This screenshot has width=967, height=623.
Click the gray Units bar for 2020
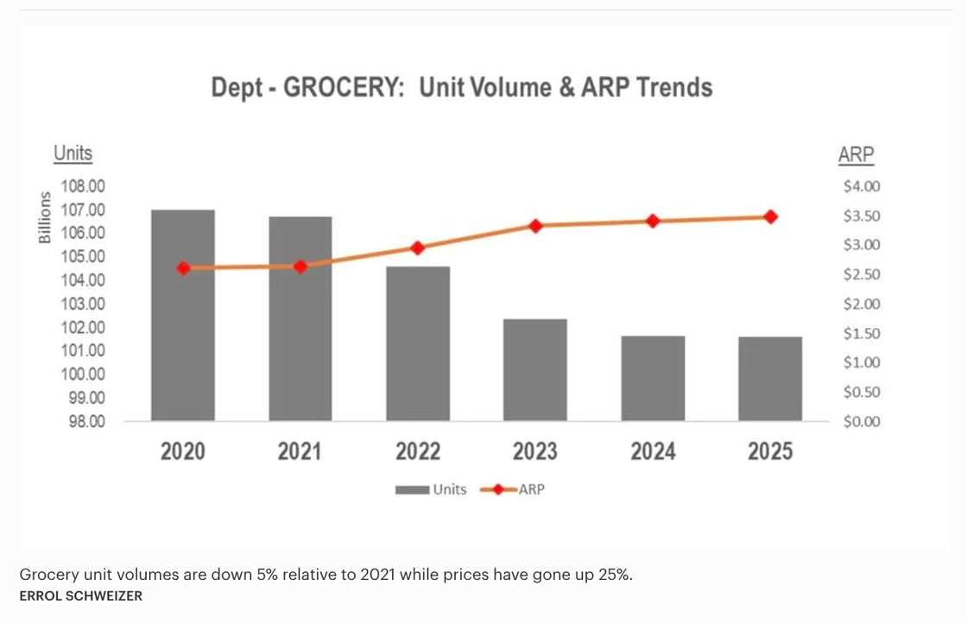click(183, 315)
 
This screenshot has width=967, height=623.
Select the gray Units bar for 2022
click(418, 343)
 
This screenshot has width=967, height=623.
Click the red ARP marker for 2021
click(300, 267)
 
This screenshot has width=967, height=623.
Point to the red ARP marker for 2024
click(653, 221)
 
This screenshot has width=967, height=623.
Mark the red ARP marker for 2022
click(418, 248)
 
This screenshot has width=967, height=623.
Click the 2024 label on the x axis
click(653, 451)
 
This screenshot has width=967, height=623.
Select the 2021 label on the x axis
click(300, 451)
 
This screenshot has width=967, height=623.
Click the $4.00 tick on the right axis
click(862, 186)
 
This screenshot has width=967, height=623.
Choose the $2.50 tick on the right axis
click(862, 274)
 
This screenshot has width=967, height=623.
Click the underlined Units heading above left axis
click(73, 154)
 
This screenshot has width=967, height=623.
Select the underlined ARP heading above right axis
click(856, 155)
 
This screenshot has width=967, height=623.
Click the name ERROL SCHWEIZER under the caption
click(80, 596)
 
